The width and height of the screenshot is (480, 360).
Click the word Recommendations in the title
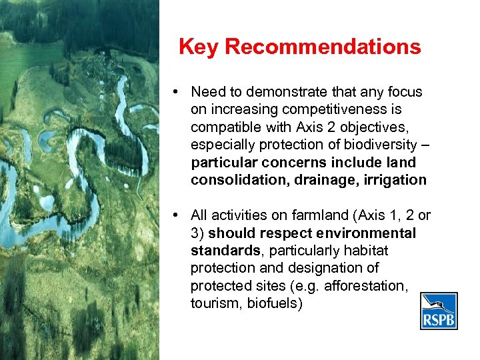tap(323, 47)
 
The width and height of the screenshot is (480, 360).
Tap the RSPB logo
tap(439, 311)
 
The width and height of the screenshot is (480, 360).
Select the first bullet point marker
tap(173, 91)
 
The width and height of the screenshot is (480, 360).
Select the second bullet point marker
tap(173, 215)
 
